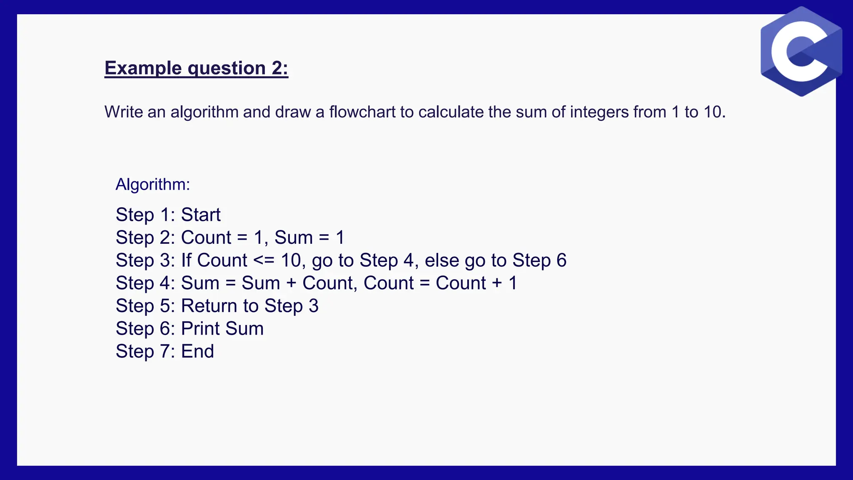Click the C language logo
point(801,52)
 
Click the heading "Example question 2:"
point(196,68)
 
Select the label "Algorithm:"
point(152,184)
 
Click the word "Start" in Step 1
point(201,215)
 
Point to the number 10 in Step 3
point(291,260)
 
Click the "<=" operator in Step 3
point(264,260)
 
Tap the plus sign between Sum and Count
point(291,283)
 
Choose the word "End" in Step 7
point(197,351)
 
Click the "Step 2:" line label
point(145,238)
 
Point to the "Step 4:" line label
point(145,283)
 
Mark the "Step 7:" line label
point(145,351)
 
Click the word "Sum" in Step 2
point(293,238)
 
